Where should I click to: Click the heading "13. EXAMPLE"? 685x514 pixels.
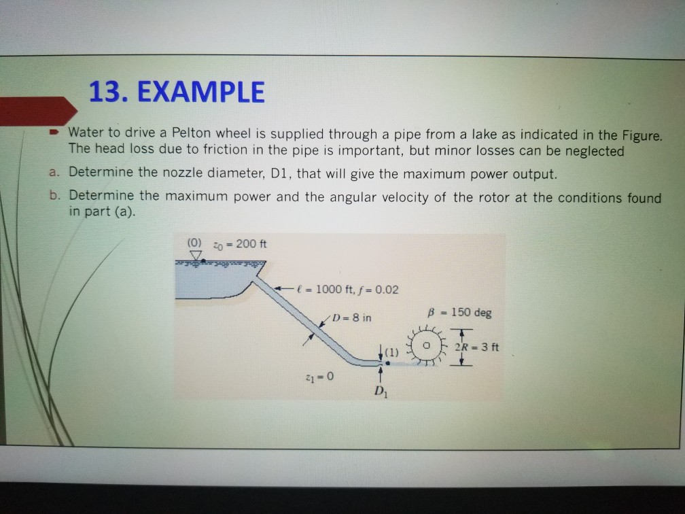pyautogui.click(x=177, y=91)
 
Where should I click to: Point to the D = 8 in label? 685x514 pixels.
pyautogui.click(x=350, y=317)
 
